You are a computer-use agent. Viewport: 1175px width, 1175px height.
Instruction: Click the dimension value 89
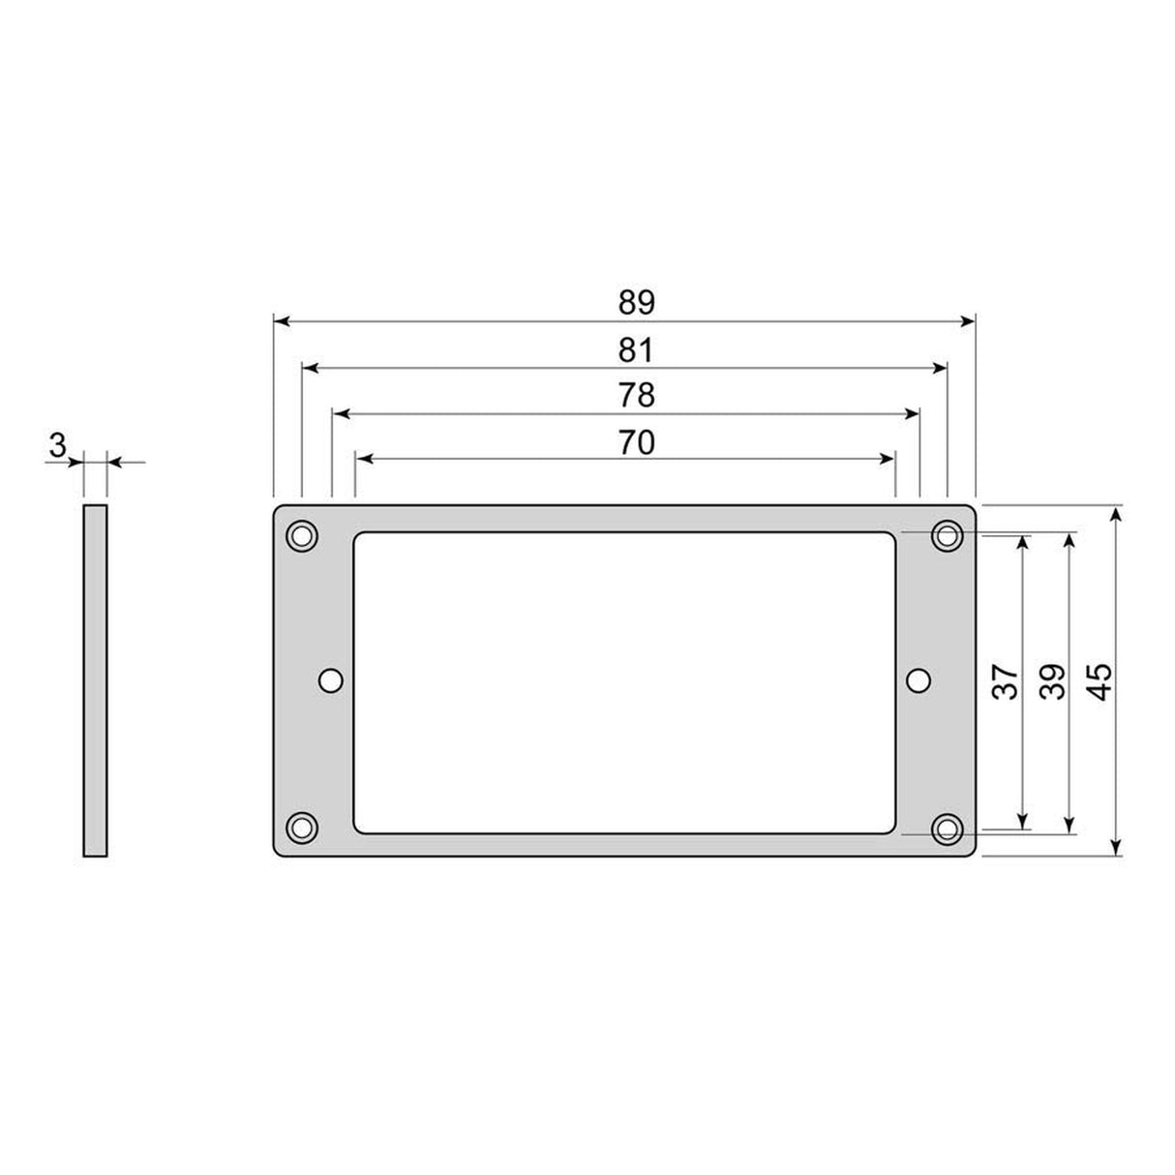[x=637, y=303]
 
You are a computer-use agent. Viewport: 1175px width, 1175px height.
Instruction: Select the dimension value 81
[x=637, y=349]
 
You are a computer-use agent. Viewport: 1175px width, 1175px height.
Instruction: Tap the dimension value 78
[x=637, y=396]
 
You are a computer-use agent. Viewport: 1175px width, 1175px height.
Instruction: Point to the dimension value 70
[x=637, y=442]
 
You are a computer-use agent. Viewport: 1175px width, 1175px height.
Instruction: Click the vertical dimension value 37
[x=1007, y=681]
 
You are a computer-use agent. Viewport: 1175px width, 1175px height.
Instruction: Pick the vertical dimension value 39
[x=1053, y=681]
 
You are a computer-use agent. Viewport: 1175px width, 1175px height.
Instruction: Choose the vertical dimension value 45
[x=1101, y=681]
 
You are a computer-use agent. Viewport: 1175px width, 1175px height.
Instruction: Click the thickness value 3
[x=57, y=446]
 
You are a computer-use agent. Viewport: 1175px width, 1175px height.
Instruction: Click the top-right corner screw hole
[x=947, y=534]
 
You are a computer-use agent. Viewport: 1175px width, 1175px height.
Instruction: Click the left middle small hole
[x=331, y=681]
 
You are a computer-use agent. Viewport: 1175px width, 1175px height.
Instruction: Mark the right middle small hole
[x=919, y=681]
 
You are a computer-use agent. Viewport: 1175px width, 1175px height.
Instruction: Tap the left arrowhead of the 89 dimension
[x=281, y=320]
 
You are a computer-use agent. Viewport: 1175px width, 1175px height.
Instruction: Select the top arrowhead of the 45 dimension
[x=1117, y=513]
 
